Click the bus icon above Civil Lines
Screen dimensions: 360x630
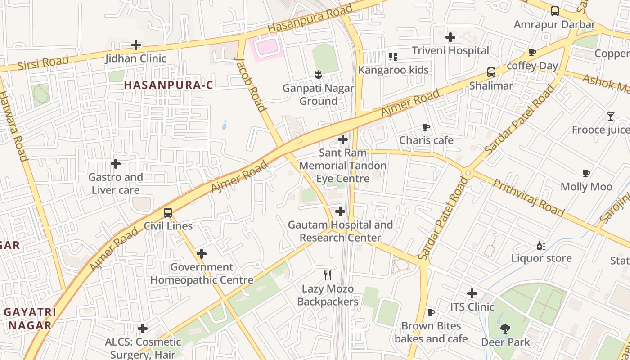coord(168,212)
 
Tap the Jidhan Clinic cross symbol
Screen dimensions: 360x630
coord(136,45)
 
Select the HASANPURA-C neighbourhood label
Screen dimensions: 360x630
coord(168,85)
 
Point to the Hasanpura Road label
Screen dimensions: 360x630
coord(310,19)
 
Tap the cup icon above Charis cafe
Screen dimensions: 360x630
coord(426,127)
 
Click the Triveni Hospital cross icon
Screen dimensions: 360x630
coord(450,37)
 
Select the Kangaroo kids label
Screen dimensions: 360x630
coord(393,70)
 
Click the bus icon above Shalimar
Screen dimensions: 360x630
coord(491,72)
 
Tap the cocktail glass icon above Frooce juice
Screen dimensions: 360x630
coord(610,117)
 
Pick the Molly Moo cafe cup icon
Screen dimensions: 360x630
coord(586,173)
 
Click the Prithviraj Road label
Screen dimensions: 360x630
coord(528,198)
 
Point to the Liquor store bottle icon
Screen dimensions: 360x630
coord(541,245)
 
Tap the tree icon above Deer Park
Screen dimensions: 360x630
coord(505,329)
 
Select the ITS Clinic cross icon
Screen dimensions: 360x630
coord(472,294)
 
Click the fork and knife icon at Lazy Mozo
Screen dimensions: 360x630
coord(328,275)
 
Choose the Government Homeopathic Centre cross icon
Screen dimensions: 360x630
coord(202,254)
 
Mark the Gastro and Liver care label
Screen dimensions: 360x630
coord(116,184)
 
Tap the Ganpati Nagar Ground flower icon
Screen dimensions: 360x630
coord(318,74)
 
